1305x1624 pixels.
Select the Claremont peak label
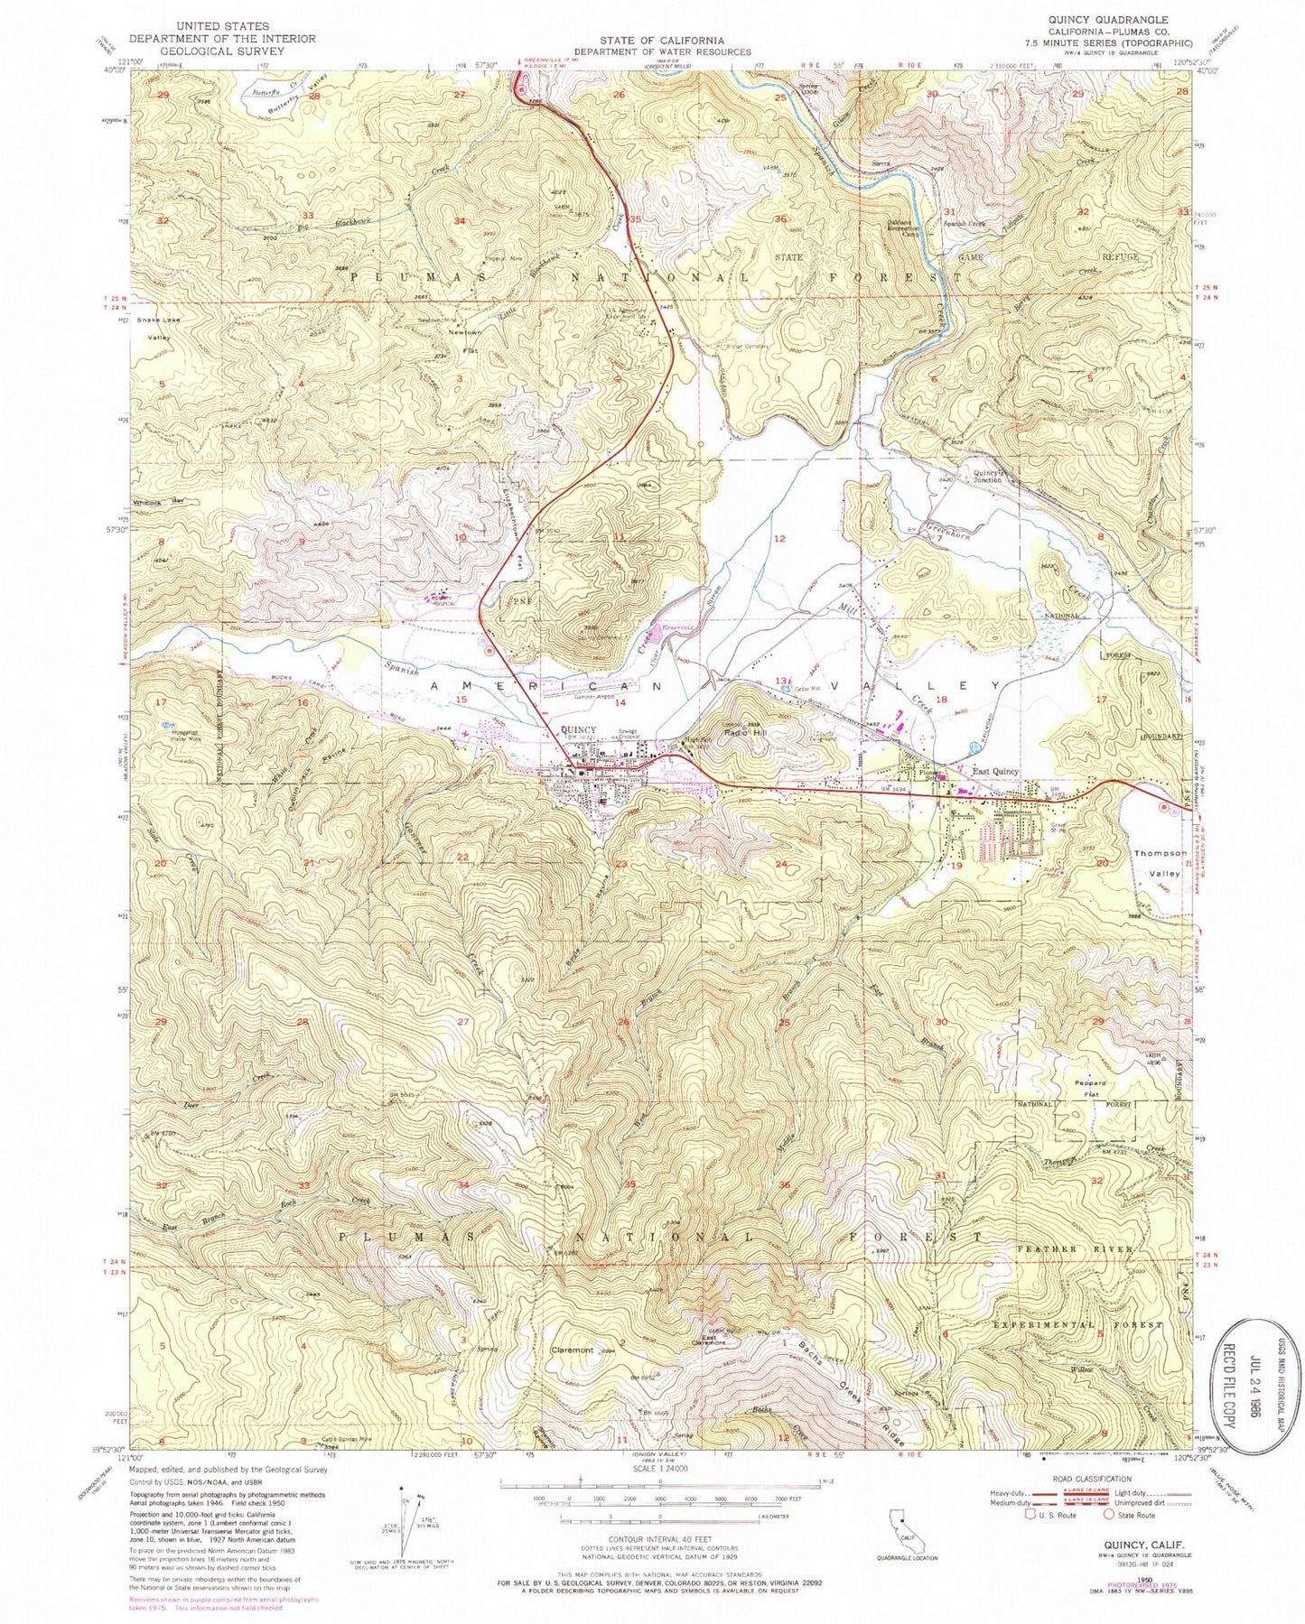point(573,1350)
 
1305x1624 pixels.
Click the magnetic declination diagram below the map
point(405,1520)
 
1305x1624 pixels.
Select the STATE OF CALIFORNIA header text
point(662,41)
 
